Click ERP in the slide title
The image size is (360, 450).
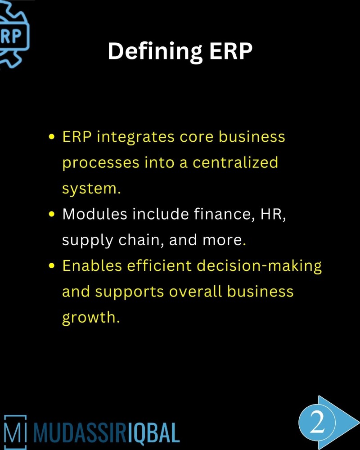coord(230,51)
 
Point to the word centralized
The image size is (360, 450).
coord(236,162)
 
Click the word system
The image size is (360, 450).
coord(91,189)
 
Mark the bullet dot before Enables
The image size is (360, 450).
coord(52,266)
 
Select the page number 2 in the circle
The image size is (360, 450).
coord(317,423)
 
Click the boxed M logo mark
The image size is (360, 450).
coord(15,430)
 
